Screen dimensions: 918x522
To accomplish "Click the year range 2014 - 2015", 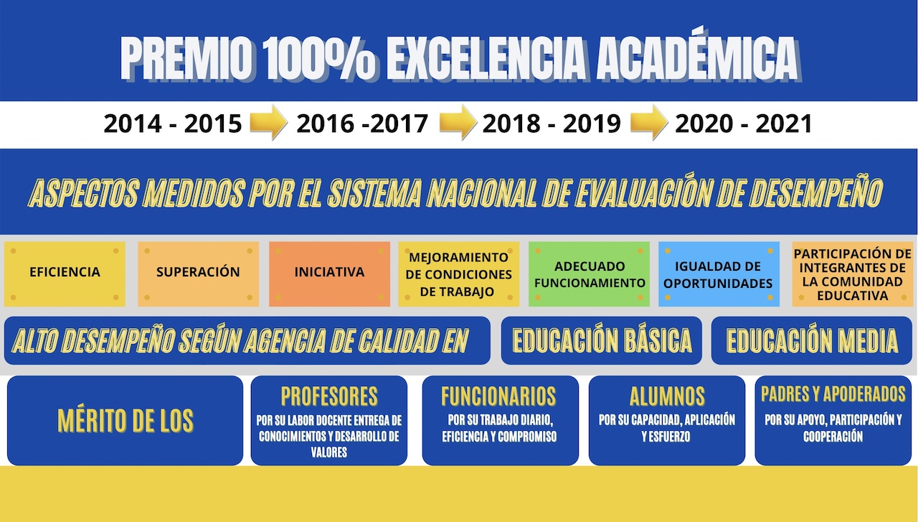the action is pyautogui.click(x=173, y=123).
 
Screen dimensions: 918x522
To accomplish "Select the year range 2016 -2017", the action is pyautogui.click(x=362, y=123).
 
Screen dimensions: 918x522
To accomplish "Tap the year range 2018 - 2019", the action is pyautogui.click(x=552, y=123).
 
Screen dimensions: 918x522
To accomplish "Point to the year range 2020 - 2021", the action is pyautogui.click(x=744, y=123).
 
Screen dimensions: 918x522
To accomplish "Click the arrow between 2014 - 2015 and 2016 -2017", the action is pyautogui.click(x=268, y=122).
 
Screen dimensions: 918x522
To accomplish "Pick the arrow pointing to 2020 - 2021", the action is pyautogui.click(x=649, y=122).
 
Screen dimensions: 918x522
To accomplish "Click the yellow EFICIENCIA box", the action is pyautogui.click(x=65, y=274).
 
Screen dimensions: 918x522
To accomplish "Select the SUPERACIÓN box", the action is pyautogui.click(x=199, y=274).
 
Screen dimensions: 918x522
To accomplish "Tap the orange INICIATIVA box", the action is pyautogui.click(x=329, y=274).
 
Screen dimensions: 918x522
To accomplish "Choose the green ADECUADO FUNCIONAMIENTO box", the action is pyautogui.click(x=590, y=274).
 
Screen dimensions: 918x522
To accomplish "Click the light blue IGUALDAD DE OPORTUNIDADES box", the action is pyautogui.click(x=719, y=274).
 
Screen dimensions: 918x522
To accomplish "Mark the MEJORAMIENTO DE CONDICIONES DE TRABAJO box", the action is pyautogui.click(x=458, y=274).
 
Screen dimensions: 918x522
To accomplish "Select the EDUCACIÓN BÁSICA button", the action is pyautogui.click(x=602, y=340).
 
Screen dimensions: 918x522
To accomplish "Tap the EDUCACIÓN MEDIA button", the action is pyautogui.click(x=812, y=340).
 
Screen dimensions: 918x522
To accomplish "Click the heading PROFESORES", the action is pyautogui.click(x=329, y=396).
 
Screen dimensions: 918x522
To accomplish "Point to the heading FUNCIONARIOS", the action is pyautogui.click(x=498, y=396).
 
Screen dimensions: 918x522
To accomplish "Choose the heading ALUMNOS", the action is pyautogui.click(x=667, y=396).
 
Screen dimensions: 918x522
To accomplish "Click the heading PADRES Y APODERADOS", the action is pyautogui.click(x=833, y=394).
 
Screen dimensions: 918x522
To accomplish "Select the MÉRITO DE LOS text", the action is pyautogui.click(x=126, y=421).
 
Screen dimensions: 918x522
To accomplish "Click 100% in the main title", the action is pyautogui.click(x=319, y=57).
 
